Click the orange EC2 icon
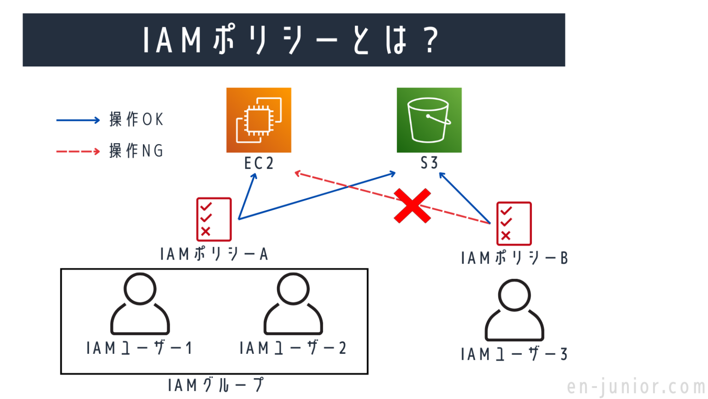259,120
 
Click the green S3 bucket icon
429,120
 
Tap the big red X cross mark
413,206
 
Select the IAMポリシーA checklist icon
214,219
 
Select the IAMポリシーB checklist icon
514,224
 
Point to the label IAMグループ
216,385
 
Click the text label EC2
259,163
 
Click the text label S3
429,163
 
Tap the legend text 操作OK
136,120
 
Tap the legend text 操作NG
136,151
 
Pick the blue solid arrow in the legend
78,121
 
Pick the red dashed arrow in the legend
78,151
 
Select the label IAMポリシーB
514,258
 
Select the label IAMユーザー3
514,355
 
